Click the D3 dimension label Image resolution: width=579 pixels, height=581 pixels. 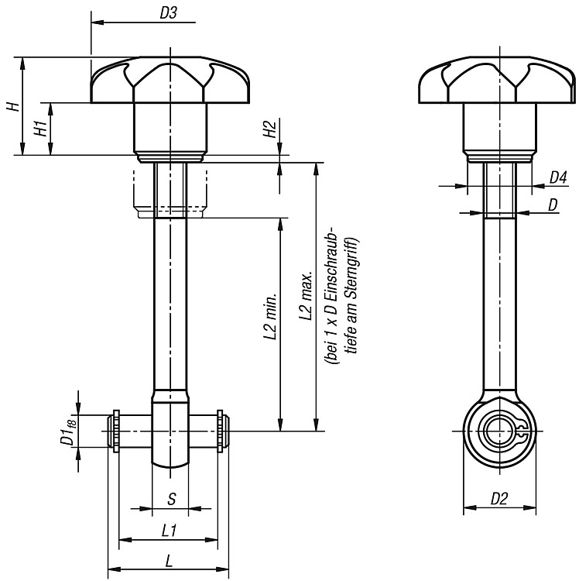pos(169,13)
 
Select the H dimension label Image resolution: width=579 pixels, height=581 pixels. pos(13,107)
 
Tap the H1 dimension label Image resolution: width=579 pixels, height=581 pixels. pos(41,128)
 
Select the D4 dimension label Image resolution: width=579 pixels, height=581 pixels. pos(558,178)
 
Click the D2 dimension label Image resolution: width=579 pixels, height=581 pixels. pos(499,499)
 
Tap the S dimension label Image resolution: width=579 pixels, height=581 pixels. pos(171,499)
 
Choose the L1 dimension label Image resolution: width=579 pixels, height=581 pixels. pos(169,531)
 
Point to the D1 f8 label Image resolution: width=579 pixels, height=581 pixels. pos(68,430)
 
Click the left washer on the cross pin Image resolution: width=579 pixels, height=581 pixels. pos(117,431)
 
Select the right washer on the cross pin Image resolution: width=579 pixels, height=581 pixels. pos(221,431)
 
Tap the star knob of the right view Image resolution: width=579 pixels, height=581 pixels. pos(497,80)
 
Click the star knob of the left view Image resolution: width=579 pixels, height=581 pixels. pos(170,80)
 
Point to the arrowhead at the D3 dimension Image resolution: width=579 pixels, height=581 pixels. pos(97,22)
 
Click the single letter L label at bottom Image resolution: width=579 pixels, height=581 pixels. pos(169,562)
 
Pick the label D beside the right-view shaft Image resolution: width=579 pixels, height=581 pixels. pos(553,205)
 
